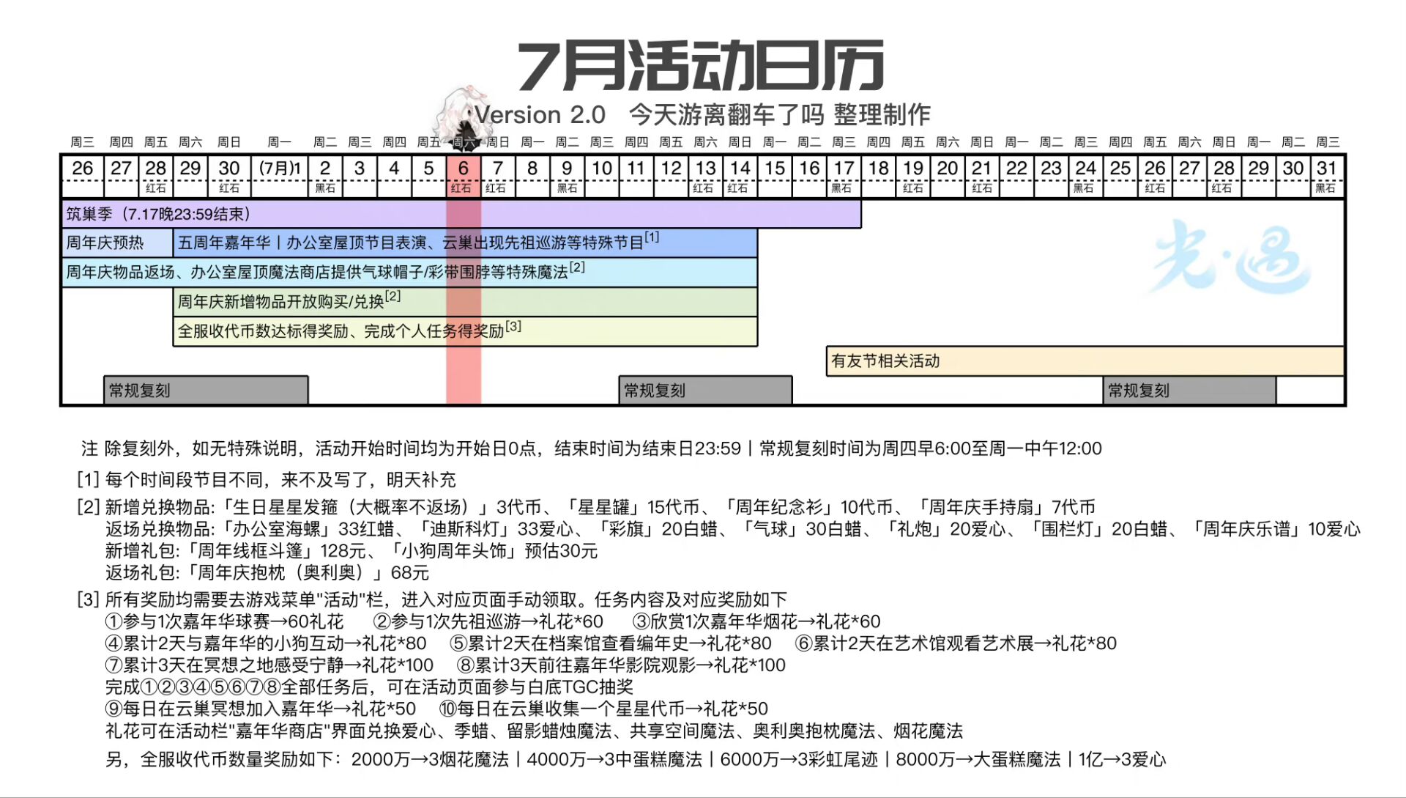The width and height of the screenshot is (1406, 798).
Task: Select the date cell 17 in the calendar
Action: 844,175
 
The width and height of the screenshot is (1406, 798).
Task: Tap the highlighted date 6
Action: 463,175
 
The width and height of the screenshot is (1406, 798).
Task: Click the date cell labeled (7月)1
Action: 280,175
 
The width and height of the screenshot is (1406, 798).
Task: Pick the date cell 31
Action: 1327,175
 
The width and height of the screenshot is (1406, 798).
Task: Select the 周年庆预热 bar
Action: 117,243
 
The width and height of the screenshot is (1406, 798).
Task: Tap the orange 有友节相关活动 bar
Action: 1085,361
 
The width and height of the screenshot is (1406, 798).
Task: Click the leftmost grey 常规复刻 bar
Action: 206,390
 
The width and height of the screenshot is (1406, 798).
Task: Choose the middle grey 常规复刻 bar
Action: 705,390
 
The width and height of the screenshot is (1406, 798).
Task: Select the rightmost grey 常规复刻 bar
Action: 1189,390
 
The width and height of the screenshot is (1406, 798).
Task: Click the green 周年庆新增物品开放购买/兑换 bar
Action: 465,301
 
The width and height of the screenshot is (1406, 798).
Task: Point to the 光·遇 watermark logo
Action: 1230,256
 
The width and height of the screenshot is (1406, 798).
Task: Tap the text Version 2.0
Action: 540,115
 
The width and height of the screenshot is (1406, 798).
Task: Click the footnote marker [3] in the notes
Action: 88,599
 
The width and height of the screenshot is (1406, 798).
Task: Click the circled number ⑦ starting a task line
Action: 114,665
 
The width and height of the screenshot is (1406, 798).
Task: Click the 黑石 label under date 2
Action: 325,188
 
